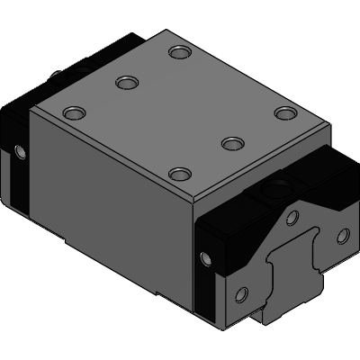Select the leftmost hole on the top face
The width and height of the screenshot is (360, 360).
point(72,113)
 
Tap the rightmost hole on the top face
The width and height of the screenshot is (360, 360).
point(285,113)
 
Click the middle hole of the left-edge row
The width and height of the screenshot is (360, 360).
point(125,84)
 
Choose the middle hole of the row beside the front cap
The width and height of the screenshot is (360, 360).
point(232,143)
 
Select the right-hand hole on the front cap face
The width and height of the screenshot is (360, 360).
point(341,236)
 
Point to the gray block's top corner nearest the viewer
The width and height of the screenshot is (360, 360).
point(192,200)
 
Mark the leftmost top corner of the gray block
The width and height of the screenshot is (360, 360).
point(31,111)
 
